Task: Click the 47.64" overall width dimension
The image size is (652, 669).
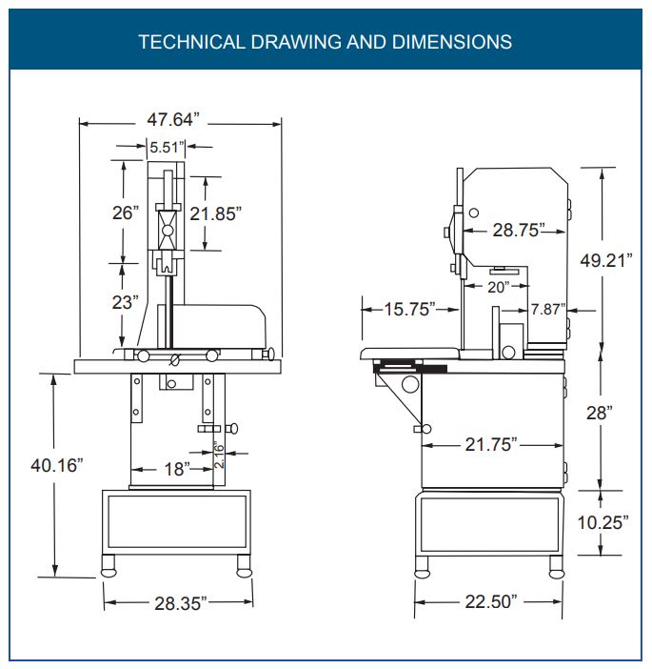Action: pos(173,119)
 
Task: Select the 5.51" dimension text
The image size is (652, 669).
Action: pos(167,147)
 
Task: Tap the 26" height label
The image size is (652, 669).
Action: pos(126,213)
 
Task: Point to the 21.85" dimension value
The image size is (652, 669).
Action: pos(215,213)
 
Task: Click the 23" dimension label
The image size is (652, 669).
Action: pos(126,302)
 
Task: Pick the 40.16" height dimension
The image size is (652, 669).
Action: pos(57,465)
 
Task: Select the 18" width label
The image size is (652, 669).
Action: pos(177,469)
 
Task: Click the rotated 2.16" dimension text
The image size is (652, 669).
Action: pos(219,455)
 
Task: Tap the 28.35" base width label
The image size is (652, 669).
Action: pos(180,603)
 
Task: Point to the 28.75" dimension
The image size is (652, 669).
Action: pos(519,230)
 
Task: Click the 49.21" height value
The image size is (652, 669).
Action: pos(606,260)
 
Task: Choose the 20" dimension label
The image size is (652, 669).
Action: pos(498,287)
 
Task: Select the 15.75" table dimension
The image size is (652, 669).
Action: pos(409,310)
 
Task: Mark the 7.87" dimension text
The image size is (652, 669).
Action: pos(548,309)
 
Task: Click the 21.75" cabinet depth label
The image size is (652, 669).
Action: pos(490,445)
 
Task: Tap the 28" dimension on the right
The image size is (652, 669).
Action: pos(599,413)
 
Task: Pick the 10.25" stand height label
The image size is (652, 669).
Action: pos(603,522)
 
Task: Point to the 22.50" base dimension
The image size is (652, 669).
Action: pos(491,601)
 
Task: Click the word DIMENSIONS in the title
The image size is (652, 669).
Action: pos(452,42)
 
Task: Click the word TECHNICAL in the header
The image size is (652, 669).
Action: pos(191,42)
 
